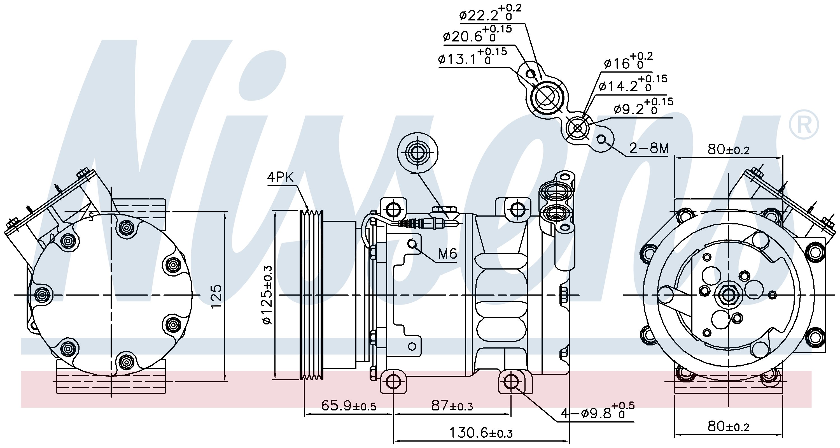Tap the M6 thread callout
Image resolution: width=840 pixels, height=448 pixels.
447,254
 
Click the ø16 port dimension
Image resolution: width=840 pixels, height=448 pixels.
628,61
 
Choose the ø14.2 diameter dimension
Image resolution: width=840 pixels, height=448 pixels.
633,84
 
